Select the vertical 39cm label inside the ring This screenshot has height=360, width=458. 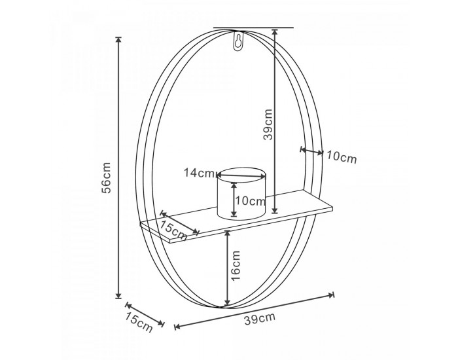pos(268,124)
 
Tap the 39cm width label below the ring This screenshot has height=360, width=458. pos(260,319)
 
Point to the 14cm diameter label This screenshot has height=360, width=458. pos(199,173)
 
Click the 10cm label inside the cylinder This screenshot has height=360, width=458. pos(251,201)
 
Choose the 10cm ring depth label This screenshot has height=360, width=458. pos(342,157)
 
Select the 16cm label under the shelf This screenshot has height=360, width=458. pos(236,265)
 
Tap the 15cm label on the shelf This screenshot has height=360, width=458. pos(173,229)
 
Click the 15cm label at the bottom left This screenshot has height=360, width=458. pos(139,322)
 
